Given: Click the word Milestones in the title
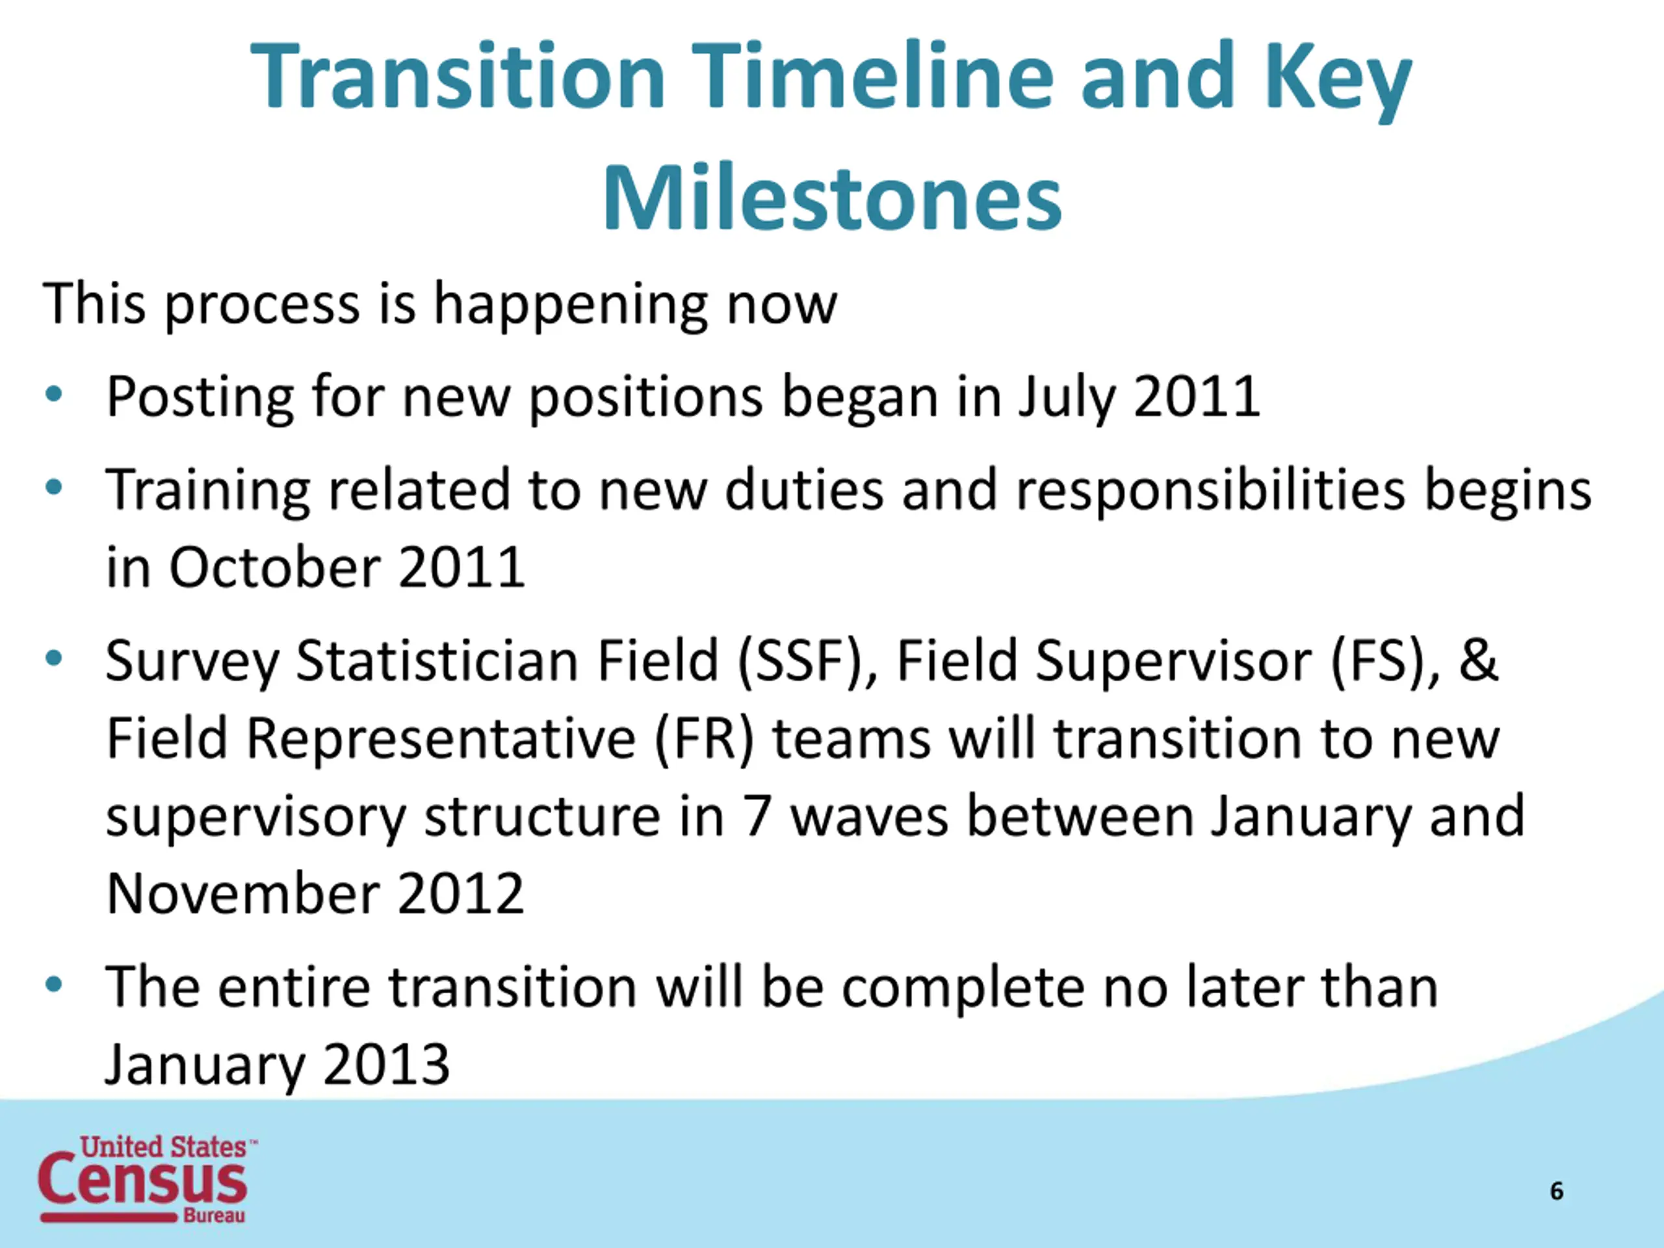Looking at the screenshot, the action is pyautogui.click(x=832, y=197).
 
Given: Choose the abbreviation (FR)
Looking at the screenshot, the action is pyautogui.click(x=704, y=740).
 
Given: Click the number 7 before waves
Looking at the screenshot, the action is pyautogui.click(x=757, y=816).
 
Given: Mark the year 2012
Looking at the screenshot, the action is pyautogui.click(x=460, y=894).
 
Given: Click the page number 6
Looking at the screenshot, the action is pyautogui.click(x=1557, y=1191).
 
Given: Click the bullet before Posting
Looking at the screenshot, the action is pyautogui.click(x=53, y=394).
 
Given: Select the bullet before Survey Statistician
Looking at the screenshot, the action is pyautogui.click(x=53, y=659).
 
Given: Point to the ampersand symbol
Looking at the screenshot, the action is pyautogui.click(x=1479, y=660).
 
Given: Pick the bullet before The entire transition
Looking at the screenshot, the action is pyautogui.click(x=53, y=985).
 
